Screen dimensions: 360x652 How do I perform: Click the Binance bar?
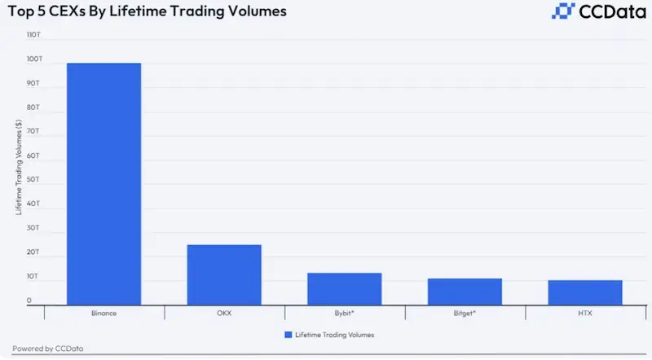click(104, 184)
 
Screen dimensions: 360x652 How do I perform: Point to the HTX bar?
click(584, 292)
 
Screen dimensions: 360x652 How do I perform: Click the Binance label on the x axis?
click(104, 313)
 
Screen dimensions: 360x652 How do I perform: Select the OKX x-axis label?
click(224, 313)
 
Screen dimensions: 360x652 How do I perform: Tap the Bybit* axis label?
click(344, 313)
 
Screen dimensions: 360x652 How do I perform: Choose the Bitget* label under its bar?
click(465, 313)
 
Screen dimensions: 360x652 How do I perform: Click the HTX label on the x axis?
click(584, 313)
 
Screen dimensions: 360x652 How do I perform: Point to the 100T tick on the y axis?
click(33, 59)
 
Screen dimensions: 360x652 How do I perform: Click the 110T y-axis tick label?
click(33, 36)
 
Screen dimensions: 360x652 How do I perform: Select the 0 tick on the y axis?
click(29, 301)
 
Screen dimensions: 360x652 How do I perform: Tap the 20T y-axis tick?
click(33, 252)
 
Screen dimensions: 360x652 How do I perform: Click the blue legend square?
click(288, 335)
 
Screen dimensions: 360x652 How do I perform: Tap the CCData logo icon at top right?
click(564, 11)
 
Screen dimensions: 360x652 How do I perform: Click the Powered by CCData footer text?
click(47, 349)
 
